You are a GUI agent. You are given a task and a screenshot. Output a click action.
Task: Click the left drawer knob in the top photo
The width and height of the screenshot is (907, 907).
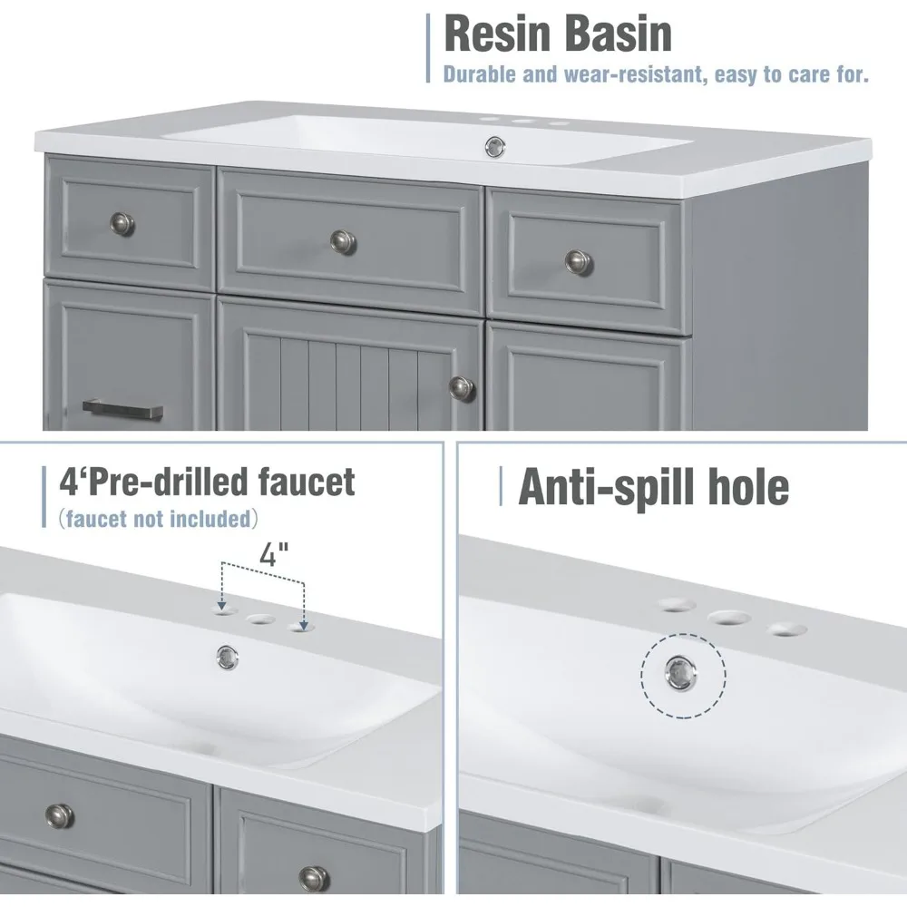[122, 223]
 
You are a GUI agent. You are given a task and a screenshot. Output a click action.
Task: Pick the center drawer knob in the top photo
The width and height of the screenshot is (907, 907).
[343, 239]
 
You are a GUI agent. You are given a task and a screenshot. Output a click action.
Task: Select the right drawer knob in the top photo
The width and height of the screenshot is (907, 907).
[579, 261]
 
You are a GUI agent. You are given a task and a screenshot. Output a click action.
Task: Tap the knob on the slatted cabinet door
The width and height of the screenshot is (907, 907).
[461, 387]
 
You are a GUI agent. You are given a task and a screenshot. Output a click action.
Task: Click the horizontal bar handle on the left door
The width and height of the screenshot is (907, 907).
[122, 410]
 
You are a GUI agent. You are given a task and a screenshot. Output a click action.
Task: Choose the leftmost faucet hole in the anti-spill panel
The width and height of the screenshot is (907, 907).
[678, 604]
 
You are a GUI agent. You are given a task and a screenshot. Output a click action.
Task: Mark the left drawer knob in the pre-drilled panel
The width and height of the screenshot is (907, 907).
[60, 814]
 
